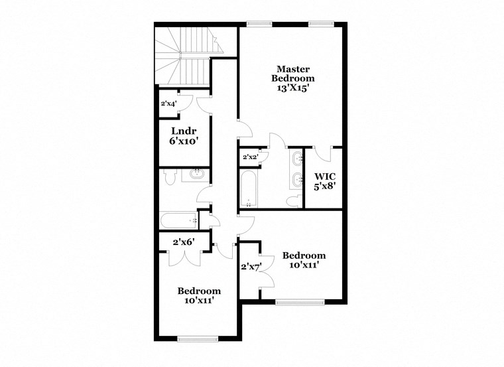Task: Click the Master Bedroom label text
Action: tap(295, 74)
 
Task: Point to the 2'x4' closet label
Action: tap(168, 104)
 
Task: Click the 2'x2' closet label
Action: tap(250, 157)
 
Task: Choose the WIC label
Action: tap(325, 176)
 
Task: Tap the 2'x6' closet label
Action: tap(183, 242)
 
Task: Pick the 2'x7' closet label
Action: tap(251, 267)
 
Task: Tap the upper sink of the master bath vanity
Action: tap(296, 158)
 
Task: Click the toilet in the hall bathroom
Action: tap(168, 177)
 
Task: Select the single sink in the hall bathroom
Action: tap(196, 175)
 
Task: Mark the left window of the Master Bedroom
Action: tap(255, 24)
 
